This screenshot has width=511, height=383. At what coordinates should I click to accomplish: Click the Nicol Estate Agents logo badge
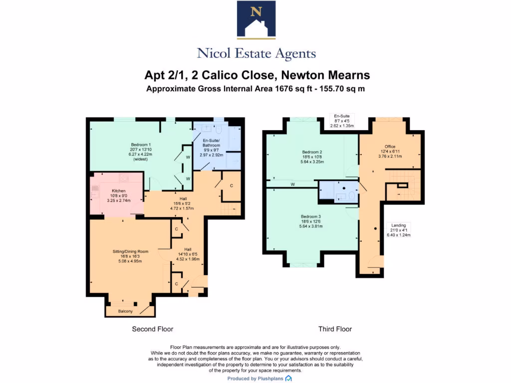point(256,20)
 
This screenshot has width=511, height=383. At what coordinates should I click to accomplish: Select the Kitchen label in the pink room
point(118,191)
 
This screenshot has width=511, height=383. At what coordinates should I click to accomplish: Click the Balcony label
point(125,312)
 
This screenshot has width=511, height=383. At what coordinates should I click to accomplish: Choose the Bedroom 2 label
point(312,152)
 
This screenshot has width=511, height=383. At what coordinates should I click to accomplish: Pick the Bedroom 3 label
point(312,216)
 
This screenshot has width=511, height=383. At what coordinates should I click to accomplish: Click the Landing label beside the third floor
point(398,225)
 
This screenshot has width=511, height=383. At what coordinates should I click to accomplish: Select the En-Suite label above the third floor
point(342,116)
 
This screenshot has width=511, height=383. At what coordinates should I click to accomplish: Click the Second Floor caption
point(152,329)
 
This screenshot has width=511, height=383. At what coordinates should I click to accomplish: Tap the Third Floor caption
point(335,329)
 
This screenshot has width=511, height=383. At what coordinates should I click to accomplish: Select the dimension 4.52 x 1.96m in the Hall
point(188,259)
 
